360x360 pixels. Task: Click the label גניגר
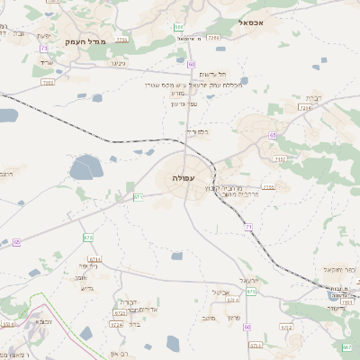click(117, 63)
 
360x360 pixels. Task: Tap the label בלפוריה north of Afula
click(196, 132)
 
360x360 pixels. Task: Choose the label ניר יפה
click(87, 266)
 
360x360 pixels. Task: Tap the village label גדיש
click(86, 288)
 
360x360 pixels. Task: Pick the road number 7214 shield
click(305, 108)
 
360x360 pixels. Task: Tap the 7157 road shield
click(280, 159)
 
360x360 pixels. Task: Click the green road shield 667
click(347, 346)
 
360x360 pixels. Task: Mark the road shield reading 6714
click(94, 258)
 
